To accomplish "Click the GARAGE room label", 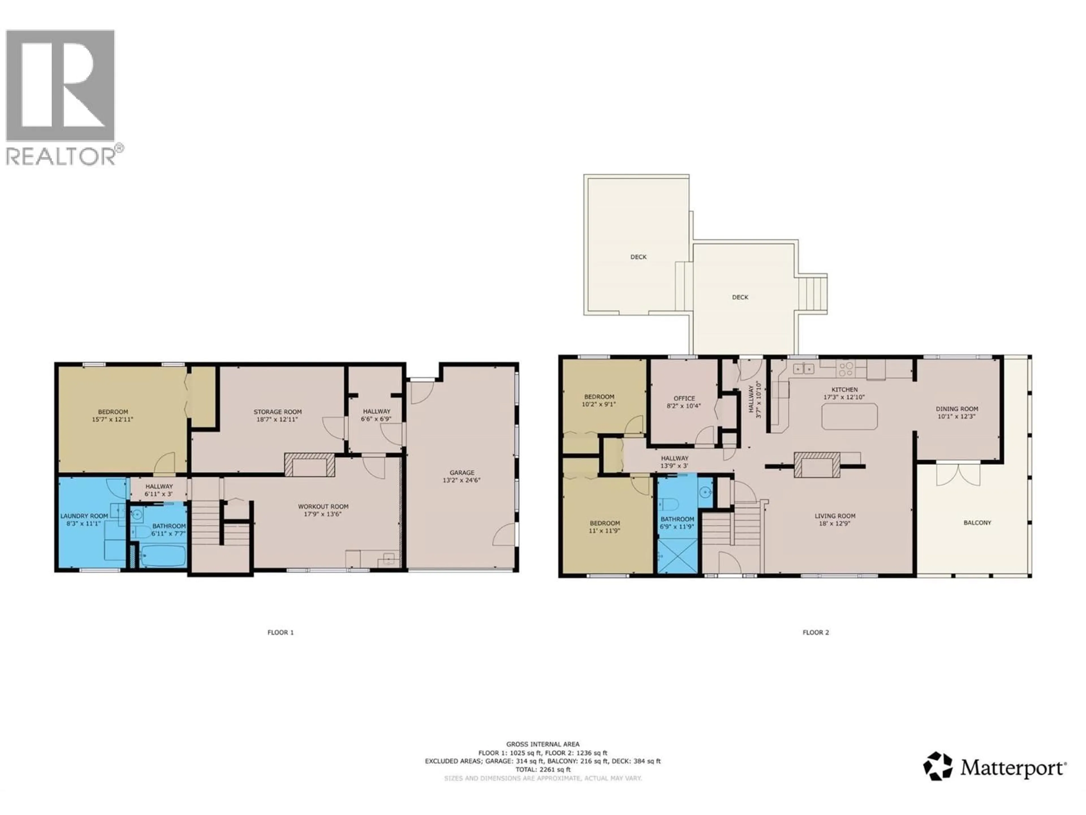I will point(462,473).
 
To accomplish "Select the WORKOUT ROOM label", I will point(323,507).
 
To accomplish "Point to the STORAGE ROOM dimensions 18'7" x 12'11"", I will point(277,420).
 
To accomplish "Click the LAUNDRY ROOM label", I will point(84,516).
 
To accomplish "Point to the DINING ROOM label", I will point(957,409).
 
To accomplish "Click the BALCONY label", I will point(977,523).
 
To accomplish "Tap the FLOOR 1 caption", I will point(280,632).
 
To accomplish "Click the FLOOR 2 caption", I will point(815,632).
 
